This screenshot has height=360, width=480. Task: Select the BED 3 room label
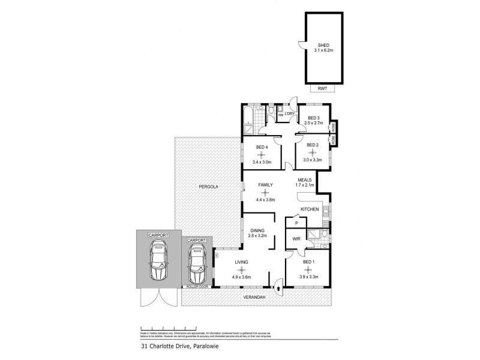click(313, 118)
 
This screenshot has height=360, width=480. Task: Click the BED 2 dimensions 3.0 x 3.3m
click(313, 160)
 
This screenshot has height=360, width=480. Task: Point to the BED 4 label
click(263, 148)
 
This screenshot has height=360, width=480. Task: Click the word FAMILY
click(265, 185)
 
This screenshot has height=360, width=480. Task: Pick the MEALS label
click(305, 179)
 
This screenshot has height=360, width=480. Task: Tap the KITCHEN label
click(310, 209)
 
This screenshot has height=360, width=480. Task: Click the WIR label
click(296, 239)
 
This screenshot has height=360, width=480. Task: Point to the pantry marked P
click(296, 223)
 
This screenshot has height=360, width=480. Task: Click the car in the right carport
click(196, 266)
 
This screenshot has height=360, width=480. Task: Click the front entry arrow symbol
click(279, 289)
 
